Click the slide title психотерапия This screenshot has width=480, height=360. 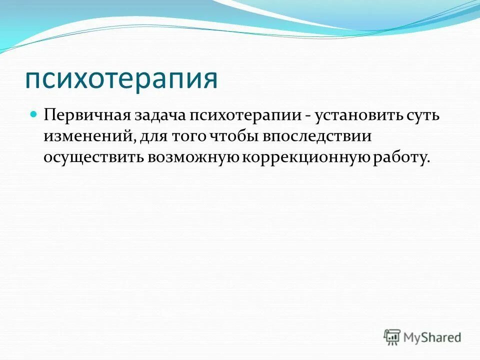point(121,79)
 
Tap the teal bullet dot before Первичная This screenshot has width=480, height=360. point(34,114)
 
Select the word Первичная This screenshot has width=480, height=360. point(86,116)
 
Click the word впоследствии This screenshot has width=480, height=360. point(309,137)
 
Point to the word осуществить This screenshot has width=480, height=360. point(93,157)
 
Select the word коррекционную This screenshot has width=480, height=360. point(307,157)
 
